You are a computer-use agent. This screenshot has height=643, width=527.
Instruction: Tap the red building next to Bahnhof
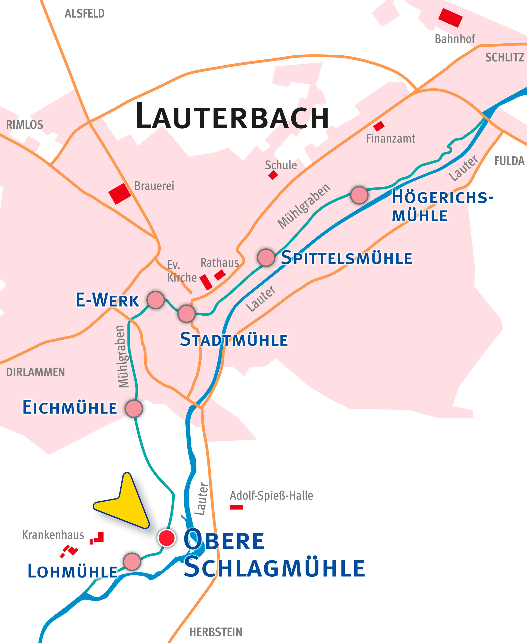[x=450, y=18]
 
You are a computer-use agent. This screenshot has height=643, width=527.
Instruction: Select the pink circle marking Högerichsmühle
[x=359, y=195]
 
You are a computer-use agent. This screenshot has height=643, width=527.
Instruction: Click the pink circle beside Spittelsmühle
[x=266, y=258]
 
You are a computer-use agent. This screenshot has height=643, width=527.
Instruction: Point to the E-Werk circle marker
[x=156, y=300]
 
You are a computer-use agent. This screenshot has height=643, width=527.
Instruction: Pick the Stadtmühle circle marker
[x=186, y=314]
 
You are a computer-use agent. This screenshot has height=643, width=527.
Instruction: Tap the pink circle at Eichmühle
[x=134, y=409]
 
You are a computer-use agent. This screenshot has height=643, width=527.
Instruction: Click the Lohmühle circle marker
[x=132, y=561]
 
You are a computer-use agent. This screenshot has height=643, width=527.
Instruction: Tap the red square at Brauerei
[x=120, y=194]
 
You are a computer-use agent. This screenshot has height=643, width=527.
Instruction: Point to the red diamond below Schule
[x=273, y=175]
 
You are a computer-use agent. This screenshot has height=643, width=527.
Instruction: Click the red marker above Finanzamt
[x=379, y=126]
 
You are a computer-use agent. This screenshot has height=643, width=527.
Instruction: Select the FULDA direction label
[x=509, y=161]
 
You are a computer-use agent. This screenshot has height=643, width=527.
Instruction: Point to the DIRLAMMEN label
[x=35, y=372]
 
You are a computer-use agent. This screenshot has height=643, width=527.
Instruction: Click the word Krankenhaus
[x=53, y=535]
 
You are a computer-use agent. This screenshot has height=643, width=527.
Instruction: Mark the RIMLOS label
[x=25, y=125]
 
